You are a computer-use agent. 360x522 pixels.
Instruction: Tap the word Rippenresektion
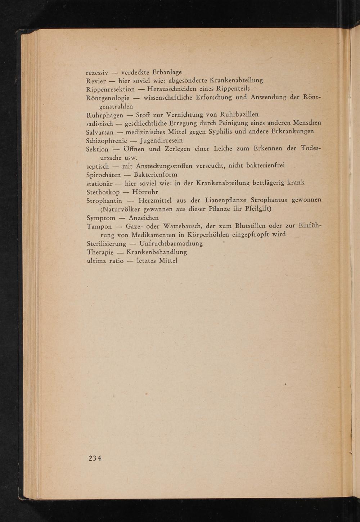pyautogui.click(x=111, y=89)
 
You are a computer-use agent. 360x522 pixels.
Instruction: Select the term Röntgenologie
pyautogui.click(x=108, y=98)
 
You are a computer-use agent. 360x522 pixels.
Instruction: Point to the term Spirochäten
pyautogui.click(x=104, y=175)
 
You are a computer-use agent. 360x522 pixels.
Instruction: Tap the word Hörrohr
pyautogui.click(x=145, y=192)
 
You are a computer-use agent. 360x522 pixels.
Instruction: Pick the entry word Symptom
pyautogui.click(x=101, y=218)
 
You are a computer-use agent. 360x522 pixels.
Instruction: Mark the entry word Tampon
pyautogui.click(x=98, y=226)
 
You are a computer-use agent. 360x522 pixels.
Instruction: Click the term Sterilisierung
pyautogui.click(x=107, y=244)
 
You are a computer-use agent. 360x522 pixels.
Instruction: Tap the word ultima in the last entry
pyautogui.click(x=96, y=261)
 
